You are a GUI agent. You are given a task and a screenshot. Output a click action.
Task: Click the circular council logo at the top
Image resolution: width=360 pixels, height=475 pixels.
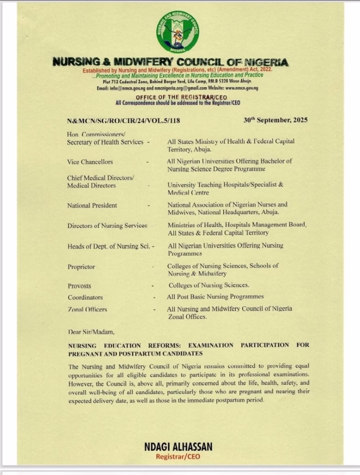click(x=178, y=31)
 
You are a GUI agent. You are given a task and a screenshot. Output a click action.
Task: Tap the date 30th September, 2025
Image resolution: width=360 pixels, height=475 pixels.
click(x=275, y=120)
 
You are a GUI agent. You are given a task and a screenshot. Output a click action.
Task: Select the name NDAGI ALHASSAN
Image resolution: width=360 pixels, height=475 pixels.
click(x=179, y=447)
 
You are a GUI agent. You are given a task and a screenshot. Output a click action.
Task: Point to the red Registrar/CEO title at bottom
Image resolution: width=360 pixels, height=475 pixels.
click(x=179, y=456)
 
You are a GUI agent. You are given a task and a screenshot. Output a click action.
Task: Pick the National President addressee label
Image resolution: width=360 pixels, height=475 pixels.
click(x=92, y=205)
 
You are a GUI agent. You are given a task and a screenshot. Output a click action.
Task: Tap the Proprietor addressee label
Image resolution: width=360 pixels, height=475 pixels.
click(x=81, y=267)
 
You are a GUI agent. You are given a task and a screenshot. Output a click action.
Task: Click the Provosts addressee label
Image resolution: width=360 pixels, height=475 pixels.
click(x=79, y=286)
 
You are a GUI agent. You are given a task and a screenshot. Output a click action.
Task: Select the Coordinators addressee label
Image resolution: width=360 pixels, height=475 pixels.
click(x=85, y=297)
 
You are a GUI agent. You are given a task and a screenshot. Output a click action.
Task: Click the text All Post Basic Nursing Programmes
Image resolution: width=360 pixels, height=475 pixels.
click(x=215, y=296)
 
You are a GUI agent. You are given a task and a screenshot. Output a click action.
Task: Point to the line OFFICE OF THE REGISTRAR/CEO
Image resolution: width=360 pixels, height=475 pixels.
click(x=178, y=97)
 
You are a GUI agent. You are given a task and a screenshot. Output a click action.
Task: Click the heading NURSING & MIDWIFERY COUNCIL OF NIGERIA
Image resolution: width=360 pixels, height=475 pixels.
click(x=170, y=62)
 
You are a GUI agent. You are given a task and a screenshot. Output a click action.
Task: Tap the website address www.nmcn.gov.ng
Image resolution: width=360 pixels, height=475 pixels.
click(x=242, y=88)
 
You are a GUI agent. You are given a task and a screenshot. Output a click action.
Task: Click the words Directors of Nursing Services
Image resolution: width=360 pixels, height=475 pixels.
click(x=107, y=225)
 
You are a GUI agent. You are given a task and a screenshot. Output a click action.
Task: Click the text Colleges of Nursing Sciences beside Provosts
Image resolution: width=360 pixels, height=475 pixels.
click(x=209, y=285)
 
